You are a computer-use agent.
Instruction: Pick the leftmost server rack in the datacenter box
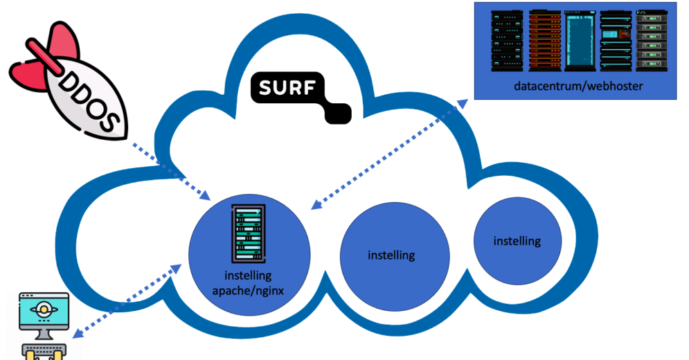click(508, 40)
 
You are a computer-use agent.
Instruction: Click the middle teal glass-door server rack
click(580, 40)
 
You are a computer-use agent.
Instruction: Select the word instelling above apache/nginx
click(249, 276)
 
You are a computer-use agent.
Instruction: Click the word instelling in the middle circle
click(391, 255)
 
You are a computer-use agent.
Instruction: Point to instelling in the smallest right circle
click(517, 241)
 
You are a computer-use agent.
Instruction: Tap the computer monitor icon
click(45, 315)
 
